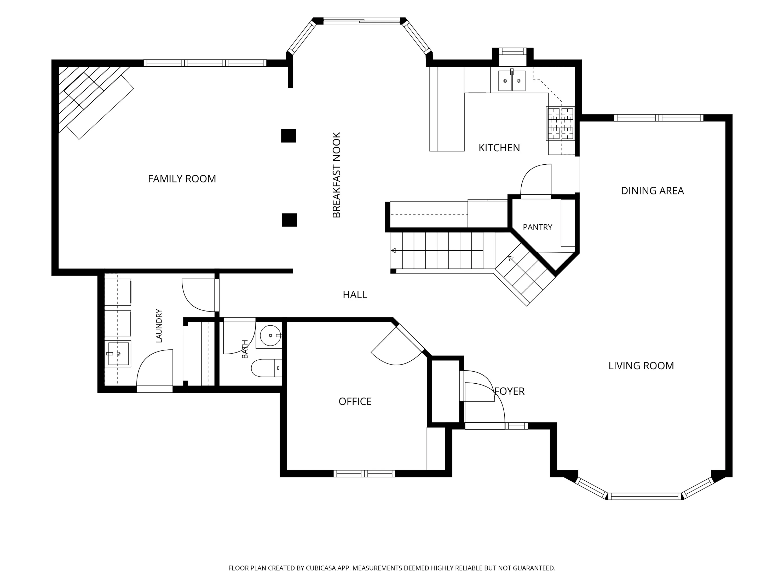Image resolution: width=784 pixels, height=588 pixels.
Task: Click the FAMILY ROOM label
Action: coord(182,179)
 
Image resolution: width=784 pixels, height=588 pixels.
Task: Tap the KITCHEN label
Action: coord(499,148)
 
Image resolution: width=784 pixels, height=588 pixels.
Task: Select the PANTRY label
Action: coord(537,227)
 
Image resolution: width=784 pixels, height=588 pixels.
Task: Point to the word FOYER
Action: coord(509,391)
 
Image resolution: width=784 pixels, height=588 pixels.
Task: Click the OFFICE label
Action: coord(355,402)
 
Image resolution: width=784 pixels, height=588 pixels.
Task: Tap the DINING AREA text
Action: coord(652,191)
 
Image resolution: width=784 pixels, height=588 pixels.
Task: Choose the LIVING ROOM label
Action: coord(641,366)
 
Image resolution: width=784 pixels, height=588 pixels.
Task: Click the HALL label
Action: coord(354,295)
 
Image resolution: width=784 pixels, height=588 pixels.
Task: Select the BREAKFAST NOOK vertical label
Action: coord(336,175)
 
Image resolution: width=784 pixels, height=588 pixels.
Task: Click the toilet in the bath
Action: coord(267,368)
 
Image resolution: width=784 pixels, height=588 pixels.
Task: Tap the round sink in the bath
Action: coord(270,335)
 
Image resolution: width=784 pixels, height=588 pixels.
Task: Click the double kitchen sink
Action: coord(512,81)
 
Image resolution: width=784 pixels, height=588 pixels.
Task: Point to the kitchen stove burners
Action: coord(560,123)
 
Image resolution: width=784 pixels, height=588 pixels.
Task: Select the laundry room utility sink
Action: coord(118,354)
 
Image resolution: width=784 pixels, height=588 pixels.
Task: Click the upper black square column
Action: coord(289,136)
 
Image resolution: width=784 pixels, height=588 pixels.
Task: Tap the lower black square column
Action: coord(290,220)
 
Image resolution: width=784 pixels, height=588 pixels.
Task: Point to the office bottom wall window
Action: coord(364,474)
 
